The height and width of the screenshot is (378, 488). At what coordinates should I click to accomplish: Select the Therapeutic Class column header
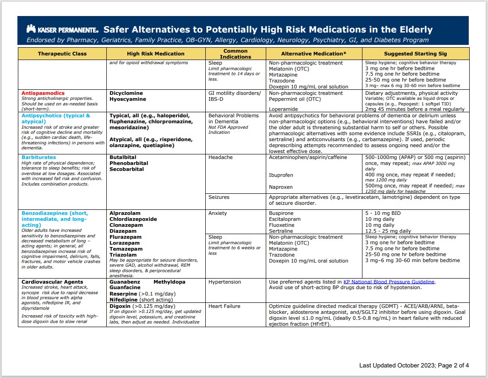[62, 54]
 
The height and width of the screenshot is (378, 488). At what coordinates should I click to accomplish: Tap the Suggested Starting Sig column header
[415, 54]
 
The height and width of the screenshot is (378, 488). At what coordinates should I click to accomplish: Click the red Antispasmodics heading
[43, 93]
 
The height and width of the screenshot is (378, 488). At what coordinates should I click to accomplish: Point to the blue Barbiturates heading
[39, 157]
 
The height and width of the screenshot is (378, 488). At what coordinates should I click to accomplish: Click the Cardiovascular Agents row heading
[52, 282]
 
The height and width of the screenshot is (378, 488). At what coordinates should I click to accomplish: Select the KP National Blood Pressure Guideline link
[389, 282]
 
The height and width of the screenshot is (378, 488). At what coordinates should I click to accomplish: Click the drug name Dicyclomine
[126, 93]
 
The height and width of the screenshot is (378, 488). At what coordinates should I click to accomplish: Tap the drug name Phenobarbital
[129, 163]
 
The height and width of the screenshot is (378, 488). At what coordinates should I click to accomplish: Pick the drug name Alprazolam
[125, 213]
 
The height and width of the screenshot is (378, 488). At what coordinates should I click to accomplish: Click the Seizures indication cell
[219, 197]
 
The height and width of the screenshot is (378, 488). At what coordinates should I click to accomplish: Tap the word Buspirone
[282, 213]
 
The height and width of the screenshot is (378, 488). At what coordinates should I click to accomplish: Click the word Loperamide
[284, 109]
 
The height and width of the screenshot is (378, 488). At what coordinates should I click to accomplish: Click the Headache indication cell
[220, 157]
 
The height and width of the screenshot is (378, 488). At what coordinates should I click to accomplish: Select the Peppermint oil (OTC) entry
[295, 99]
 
